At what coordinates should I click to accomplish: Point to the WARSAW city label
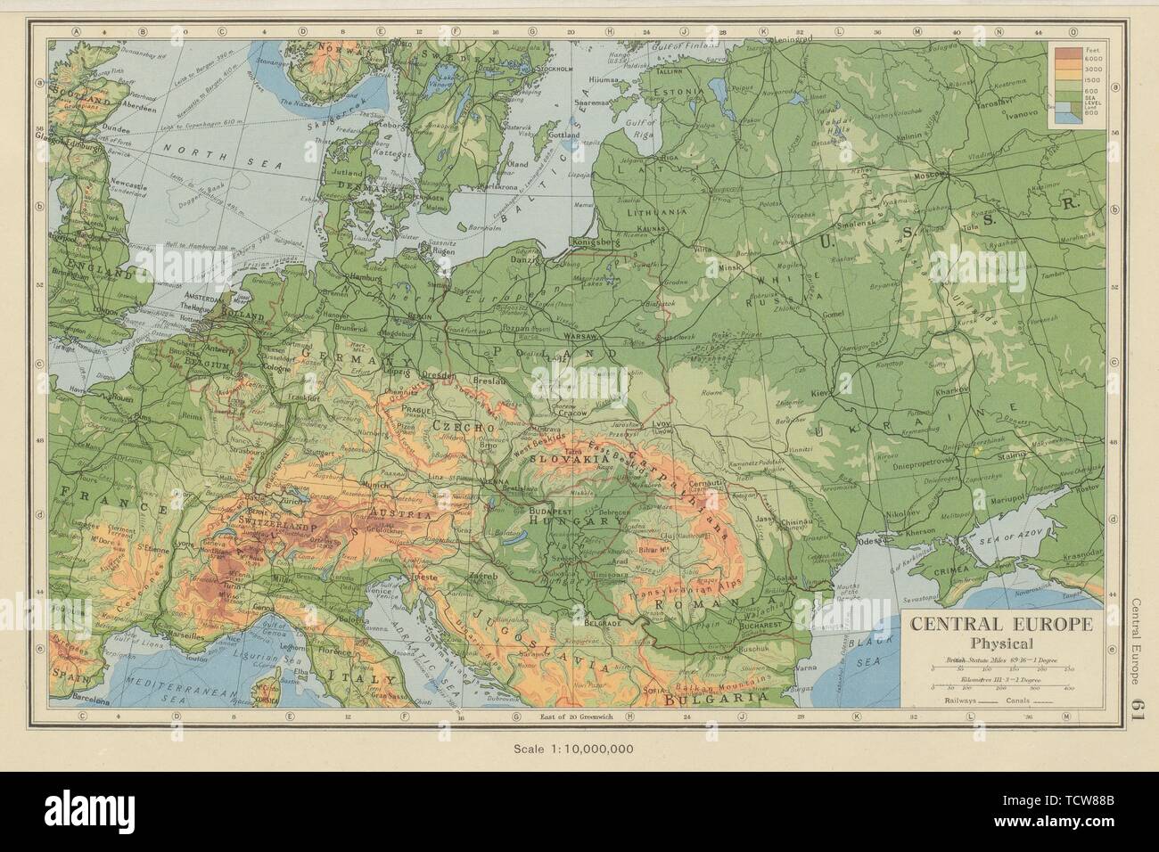580,337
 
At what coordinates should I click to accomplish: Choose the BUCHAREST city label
761,626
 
